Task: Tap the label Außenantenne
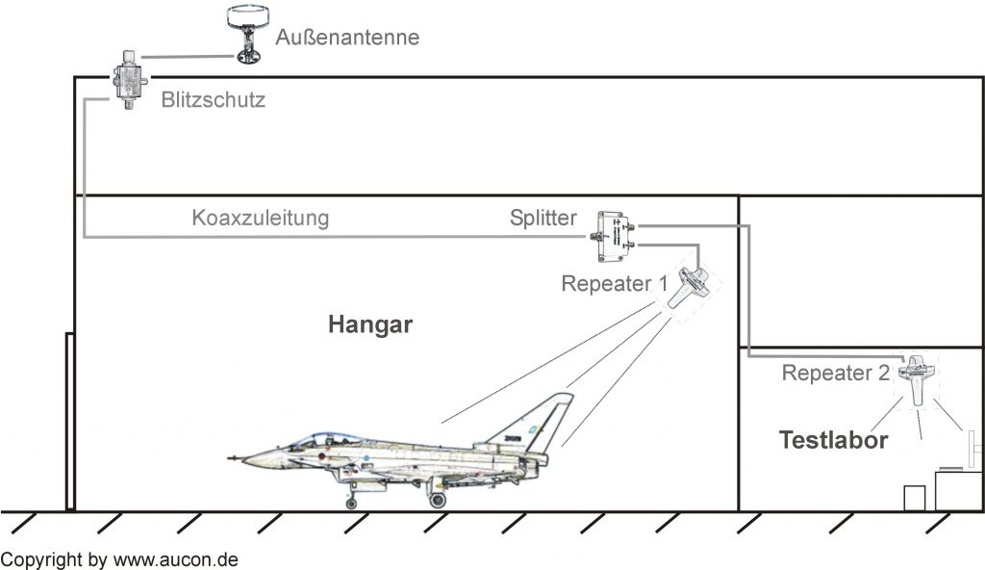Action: (347, 38)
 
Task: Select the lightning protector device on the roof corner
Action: (129, 80)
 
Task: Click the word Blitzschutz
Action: (213, 99)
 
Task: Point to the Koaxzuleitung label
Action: (260, 218)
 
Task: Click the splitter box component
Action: (613, 237)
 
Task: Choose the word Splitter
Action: (543, 218)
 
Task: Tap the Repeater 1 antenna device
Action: (689, 287)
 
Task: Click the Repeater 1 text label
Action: (615, 284)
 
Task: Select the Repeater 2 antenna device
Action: (916, 377)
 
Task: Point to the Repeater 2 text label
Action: (836, 373)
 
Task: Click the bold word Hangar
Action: (370, 324)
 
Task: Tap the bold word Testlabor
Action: (833, 440)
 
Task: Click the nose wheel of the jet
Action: (351, 503)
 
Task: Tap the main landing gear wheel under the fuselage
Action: (437, 500)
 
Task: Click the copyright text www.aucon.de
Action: (175, 560)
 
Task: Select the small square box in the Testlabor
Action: (914, 499)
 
